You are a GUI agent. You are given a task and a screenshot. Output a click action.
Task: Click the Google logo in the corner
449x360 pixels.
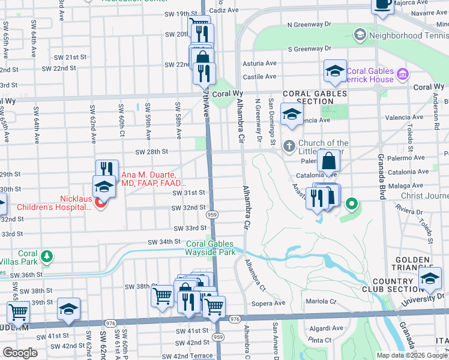click(20, 353)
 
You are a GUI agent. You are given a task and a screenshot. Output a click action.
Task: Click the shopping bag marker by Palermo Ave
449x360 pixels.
click(330, 161)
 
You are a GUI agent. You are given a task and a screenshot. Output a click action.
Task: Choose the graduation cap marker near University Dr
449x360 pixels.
click(430, 279)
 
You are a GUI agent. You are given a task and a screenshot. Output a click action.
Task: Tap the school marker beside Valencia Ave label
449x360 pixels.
click(292, 116)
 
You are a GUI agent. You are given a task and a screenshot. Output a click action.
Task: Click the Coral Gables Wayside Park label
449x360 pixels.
click(210, 248)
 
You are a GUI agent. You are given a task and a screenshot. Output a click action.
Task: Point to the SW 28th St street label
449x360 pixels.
click(151, 153)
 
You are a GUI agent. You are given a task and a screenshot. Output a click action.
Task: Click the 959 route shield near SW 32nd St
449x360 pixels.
click(211, 214)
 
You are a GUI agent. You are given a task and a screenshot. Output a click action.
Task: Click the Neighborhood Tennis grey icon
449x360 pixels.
click(360, 34)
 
